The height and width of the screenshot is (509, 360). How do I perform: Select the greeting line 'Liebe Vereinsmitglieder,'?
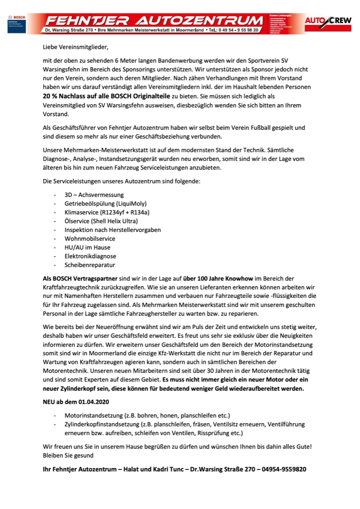pyautogui.click(x=75, y=47)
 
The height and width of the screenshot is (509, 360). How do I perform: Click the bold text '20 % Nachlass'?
pyautogui.click(x=67, y=95)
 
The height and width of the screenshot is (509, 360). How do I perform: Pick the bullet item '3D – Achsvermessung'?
pyautogui.click(x=94, y=194)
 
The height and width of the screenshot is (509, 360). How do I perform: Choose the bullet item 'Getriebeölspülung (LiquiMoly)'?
pyautogui.click(x=105, y=203)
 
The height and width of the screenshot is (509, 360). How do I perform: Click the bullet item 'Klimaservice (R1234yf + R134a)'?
pyautogui.click(x=107, y=212)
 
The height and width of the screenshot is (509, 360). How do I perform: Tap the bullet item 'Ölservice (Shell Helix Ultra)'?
pyautogui.click(x=101, y=221)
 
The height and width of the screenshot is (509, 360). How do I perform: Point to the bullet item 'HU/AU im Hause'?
pyautogui.click(x=87, y=247)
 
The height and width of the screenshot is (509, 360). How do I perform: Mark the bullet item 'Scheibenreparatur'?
pyautogui.click(x=90, y=265)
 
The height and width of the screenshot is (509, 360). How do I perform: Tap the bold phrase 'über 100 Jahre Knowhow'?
pyautogui.click(x=212, y=278)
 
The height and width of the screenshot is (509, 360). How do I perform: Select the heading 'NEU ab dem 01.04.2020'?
pyautogui.click(x=75, y=402)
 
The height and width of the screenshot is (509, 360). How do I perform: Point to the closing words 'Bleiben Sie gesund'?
pyautogui.click(x=68, y=456)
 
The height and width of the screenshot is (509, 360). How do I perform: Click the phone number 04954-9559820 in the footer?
pyautogui.click(x=283, y=469)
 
